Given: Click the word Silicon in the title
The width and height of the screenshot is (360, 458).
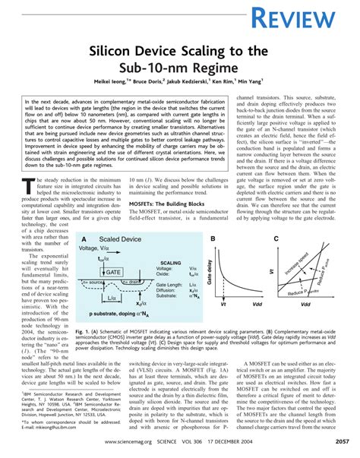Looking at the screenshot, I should pyautogui.click(x=117, y=51).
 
